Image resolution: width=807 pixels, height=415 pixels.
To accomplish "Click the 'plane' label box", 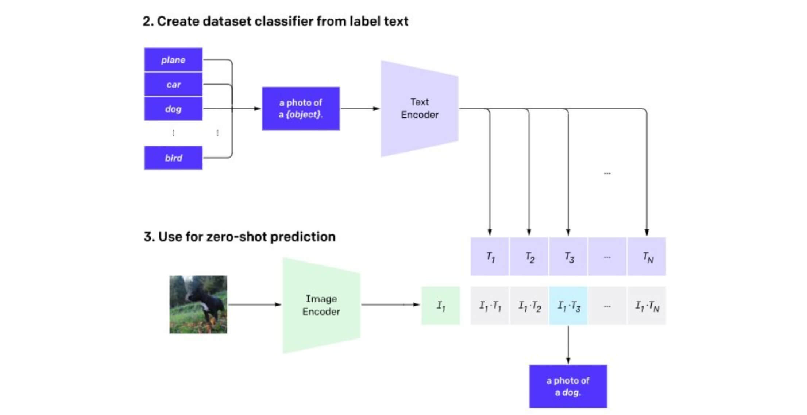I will click(x=173, y=60).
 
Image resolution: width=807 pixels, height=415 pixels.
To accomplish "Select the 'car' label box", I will click(x=173, y=85).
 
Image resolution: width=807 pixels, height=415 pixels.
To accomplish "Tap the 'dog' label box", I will click(x=173, y=109).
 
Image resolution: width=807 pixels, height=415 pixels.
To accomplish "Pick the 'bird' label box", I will click(x=173, y=158).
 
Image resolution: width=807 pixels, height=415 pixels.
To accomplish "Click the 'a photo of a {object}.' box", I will click(x=301, y=109).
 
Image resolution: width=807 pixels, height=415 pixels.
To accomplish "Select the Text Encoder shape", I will click(x=420, y=109).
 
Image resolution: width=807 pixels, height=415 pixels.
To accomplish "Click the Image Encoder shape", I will click(x=321, y=305).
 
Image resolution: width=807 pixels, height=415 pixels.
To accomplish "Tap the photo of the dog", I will click(x=198, y=305).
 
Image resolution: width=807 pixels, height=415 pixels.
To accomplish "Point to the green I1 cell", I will click(x=441, y=306).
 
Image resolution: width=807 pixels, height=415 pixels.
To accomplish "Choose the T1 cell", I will click(x=490, y=257).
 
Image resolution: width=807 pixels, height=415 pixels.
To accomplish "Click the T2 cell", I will click(x=529, y=257).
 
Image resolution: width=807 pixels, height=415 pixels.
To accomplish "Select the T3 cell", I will click(x=568, y=257).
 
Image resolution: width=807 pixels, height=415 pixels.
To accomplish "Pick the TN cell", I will click(x=647, y=257).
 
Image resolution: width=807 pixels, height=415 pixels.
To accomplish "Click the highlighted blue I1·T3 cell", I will click(x=568, y=306).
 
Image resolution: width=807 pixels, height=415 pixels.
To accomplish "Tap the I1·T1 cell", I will click(x=490, y=306).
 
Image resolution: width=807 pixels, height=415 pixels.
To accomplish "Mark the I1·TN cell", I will click(x=647, y=306).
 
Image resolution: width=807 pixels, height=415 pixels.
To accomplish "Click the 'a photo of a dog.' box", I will click(x=568, y=386).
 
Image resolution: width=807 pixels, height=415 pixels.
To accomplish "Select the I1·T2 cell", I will click(x=529, y=306).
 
